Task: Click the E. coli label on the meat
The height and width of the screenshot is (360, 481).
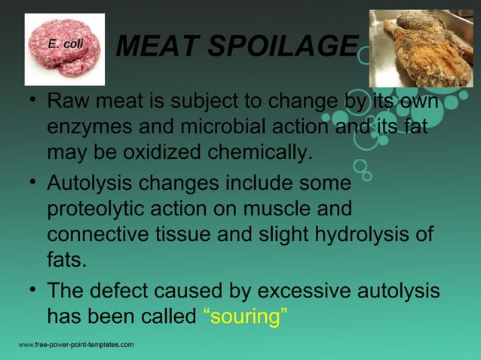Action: tap(66, 44)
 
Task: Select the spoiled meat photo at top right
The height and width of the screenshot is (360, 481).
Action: tap(421, 47)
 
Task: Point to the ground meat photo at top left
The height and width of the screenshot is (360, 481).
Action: tap(65, 49)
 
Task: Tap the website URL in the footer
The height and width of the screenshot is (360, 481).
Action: tap(76, 345)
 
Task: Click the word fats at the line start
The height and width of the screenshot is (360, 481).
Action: tap(66, 261)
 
